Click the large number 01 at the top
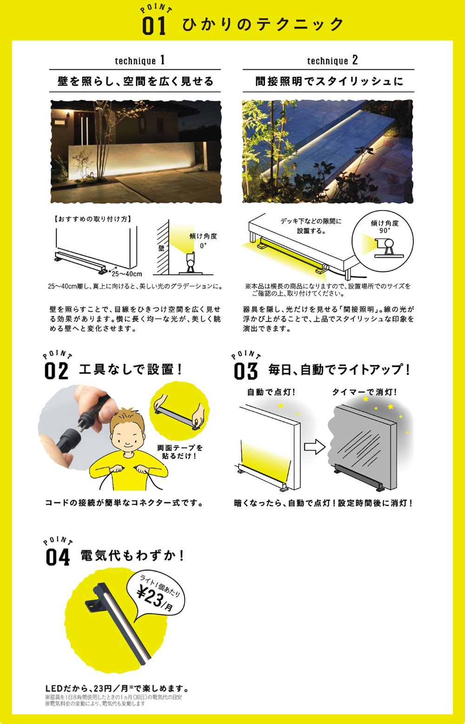coord(154,26)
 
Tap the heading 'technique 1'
coord(140,60)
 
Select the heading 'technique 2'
coord(332,60)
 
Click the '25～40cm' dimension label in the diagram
coord(126,274)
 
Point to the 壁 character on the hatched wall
coord(161,248)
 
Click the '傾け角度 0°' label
coord(203,241)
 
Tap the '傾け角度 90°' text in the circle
coord(385,226)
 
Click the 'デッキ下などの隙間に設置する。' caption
coord(311,226)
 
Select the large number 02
coord(56,371)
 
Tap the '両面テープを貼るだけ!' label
coord(180,452)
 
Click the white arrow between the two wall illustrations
coord(314,447)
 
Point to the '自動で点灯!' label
coord(271,392)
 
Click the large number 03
coord(246,371)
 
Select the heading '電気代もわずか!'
coord(132,556)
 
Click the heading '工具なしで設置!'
coord(131,369)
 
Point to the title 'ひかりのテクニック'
coord(263,24)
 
